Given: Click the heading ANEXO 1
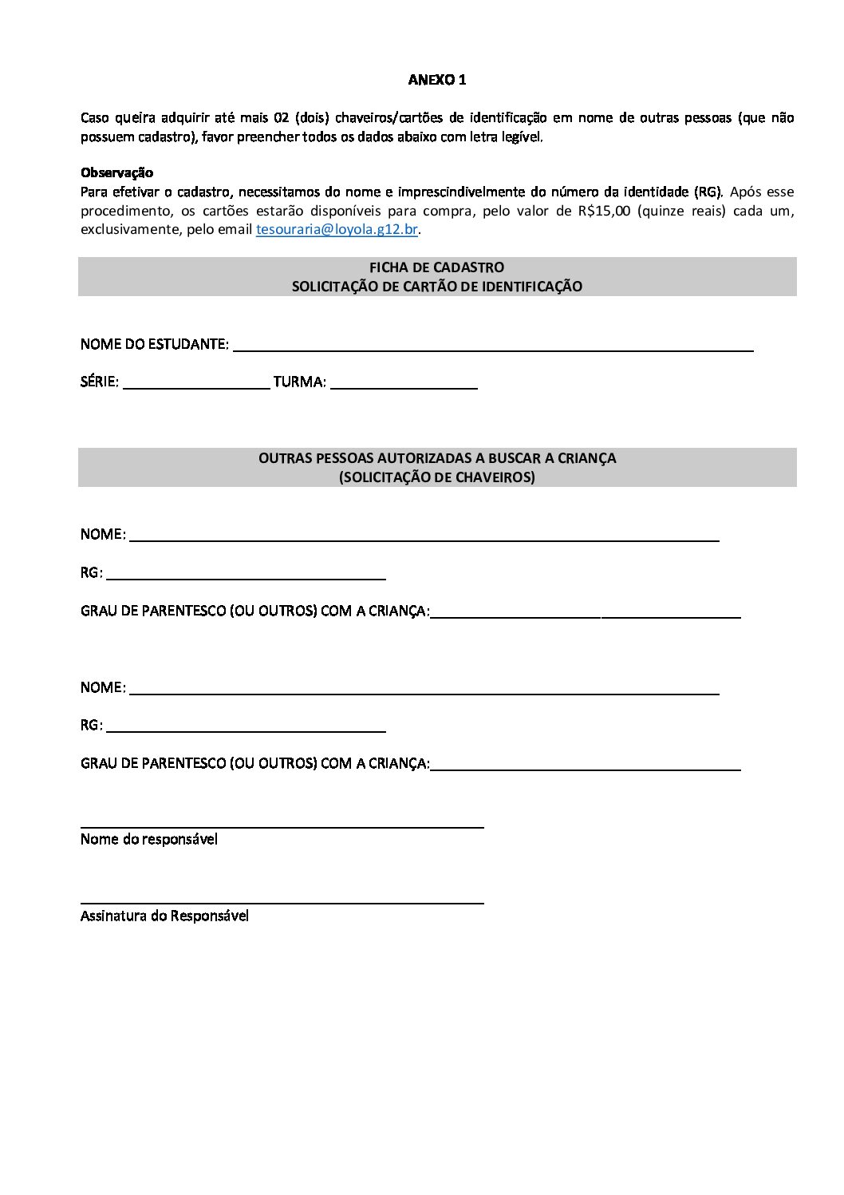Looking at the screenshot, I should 436,80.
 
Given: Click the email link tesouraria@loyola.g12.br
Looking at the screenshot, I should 337,230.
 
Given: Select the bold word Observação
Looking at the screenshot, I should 116,172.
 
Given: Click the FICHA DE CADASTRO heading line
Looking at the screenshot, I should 436,267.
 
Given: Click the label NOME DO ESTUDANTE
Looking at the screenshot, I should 154,345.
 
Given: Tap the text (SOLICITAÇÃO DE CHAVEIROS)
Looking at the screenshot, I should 436,477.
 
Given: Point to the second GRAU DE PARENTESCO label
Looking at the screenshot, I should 254,763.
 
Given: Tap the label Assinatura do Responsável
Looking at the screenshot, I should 164,916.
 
